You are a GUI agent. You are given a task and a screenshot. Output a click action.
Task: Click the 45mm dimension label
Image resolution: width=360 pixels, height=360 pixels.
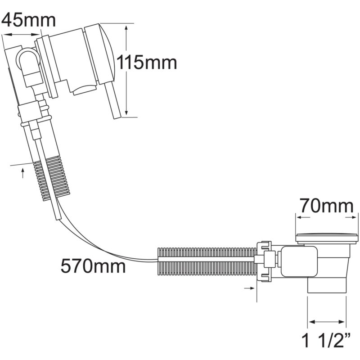pyautogui.click(x=28, y=20)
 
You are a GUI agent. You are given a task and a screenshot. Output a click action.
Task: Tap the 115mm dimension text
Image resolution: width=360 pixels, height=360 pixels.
pyautogui.click(x=147, y=62)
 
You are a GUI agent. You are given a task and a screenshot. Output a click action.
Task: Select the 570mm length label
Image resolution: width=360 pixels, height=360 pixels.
pyautogui.click(x=93, y=266)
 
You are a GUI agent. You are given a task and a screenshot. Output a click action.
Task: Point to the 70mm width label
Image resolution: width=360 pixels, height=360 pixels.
pyautogui.click(x=327, y=206)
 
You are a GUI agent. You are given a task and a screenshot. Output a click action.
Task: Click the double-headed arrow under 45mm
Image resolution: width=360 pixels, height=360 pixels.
pyautogui.click(x=21, y=35)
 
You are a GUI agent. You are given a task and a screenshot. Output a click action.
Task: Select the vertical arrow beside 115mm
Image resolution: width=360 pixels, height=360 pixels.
pyautogui.click(x=126, y=70)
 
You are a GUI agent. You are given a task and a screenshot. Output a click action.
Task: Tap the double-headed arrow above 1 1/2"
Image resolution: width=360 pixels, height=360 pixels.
pyautogui.click(x=327, y=322)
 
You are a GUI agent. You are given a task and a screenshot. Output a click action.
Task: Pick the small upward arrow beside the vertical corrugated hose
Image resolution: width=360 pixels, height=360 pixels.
pyautogui.click(x=22, y=173)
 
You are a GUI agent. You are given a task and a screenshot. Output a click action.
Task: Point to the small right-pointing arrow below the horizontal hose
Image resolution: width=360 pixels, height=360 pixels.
pyautogui.click(x=249, y=288)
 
